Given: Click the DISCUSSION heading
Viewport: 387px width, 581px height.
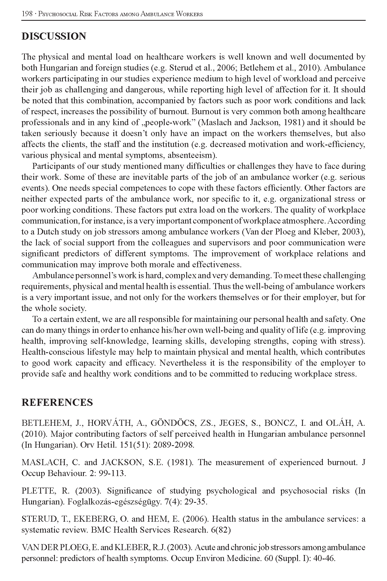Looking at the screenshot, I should coord(54,36).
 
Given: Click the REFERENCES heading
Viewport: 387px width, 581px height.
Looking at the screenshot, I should coord(57,403).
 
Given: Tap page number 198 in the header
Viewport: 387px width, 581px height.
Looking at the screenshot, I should coord(27,14).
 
